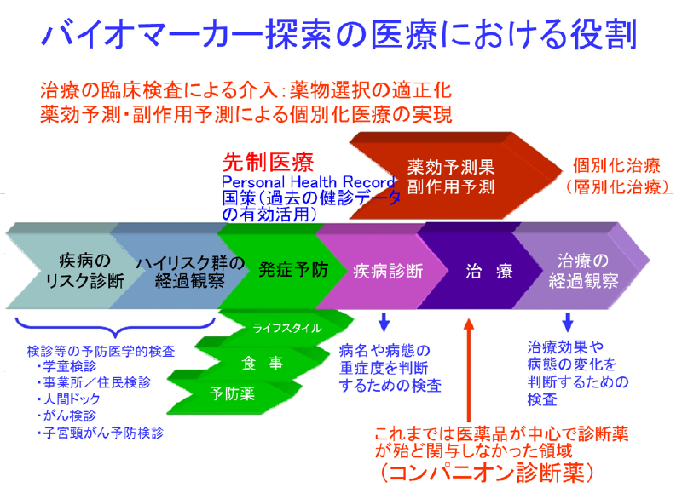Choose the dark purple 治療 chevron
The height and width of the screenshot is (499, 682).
pos(480,271)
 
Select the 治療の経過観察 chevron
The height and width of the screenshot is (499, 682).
pos(580,270)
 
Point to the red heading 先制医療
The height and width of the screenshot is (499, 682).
pos(256,162)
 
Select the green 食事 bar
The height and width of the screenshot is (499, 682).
pos(256,361)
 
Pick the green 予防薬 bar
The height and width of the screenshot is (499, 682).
pos(234,393)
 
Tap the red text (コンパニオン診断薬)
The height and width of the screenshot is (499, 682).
pos(485,470)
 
